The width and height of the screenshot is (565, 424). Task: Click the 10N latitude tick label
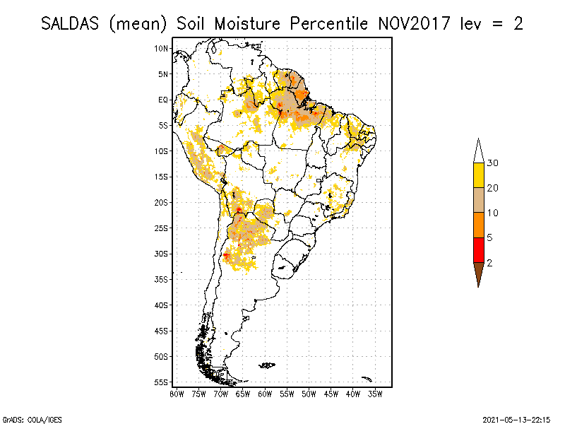click(162, 48)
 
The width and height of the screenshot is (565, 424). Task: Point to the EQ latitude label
click(163, 100)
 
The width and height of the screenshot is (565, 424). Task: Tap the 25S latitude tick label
click(162, 228)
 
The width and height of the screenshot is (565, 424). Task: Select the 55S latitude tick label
click(162, 382)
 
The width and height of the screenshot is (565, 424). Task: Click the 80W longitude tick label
click(177, 394)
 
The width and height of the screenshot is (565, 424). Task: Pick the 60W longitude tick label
click(266, 394)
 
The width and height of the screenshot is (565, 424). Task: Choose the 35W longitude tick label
click(376, 394)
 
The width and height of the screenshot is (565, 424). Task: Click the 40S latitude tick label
click(162, 305)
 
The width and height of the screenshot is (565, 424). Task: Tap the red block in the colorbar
click(478, 249)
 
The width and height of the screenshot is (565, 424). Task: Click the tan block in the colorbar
click(478, 200)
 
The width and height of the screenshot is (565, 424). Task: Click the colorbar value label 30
click(493, 163)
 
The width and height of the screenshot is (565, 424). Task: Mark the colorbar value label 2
click(489, 262)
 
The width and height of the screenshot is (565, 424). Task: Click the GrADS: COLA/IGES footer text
click(25, 418)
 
